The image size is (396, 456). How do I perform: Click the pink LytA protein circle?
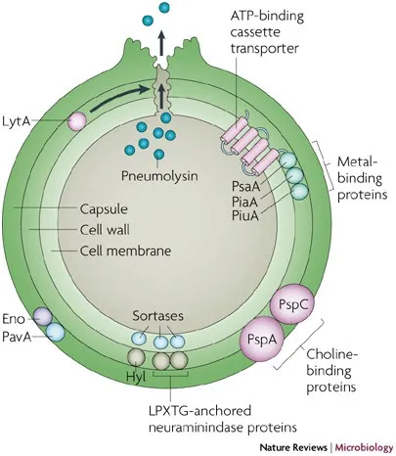pos(76,121)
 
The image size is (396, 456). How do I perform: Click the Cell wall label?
pos(104,230)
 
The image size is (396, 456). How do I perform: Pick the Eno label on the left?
pos(15,318)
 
